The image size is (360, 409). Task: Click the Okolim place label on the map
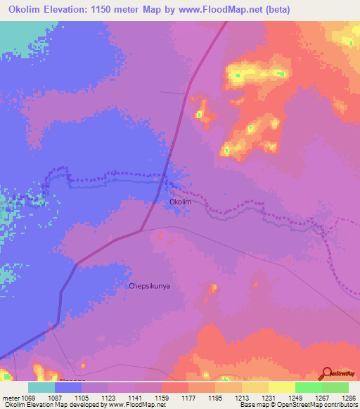[x=181, y=202]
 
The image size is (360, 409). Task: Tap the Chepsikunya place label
[x=150, y=286]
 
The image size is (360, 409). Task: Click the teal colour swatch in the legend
[x=41, y=387]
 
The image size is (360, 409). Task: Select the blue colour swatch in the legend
[x=68, y=387]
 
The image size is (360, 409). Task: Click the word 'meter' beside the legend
[x=11, y=398]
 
